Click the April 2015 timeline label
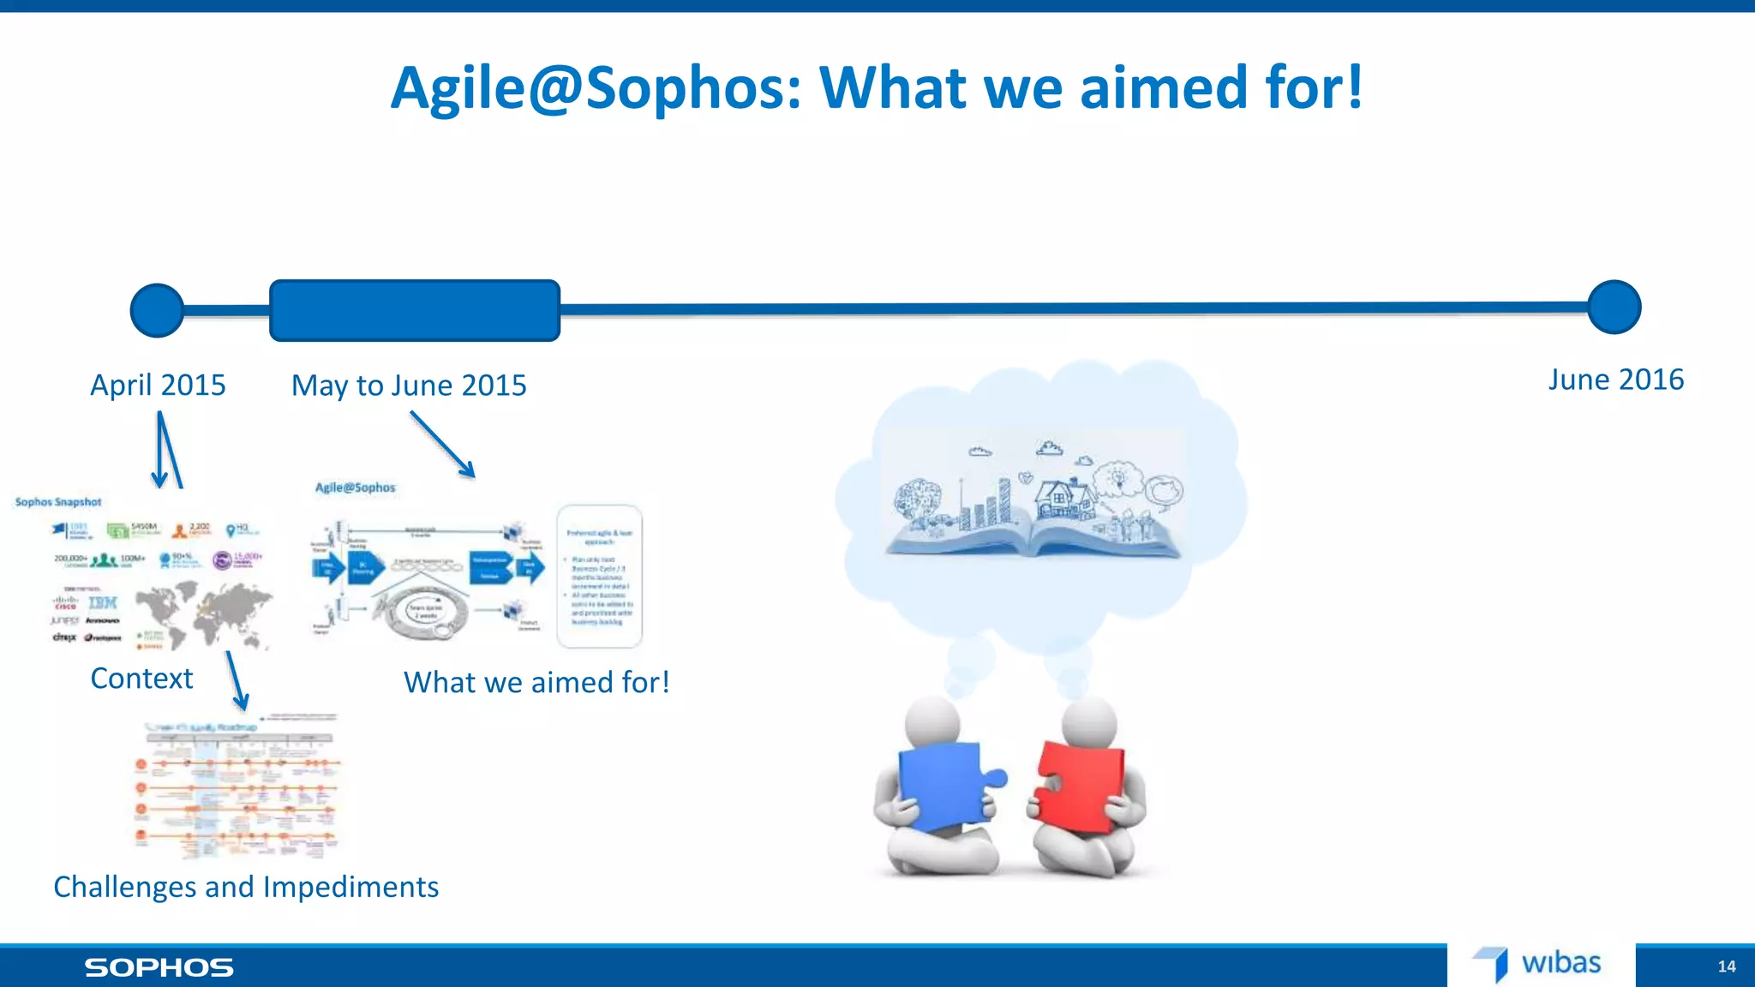click(x=158, y=386)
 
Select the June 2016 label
click(x=1615, y=380)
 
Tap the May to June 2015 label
click(x=409, y=386)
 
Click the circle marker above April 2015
click(x=157, y=310)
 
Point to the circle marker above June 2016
click(x=1614, y=307)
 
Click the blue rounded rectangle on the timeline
click(x=415, y=310)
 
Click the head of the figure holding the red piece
click(x=1089, y=722)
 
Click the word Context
click(x=141, y=679)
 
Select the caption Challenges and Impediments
click(x=246, y=887)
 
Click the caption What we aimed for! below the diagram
click(x=536, y=683)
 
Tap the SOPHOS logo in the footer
click(x=159, y=967)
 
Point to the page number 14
click(x=1726, y=966)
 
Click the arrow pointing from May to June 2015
click(x=442, y=444)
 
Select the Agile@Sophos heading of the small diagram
click(x=356, y=488)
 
